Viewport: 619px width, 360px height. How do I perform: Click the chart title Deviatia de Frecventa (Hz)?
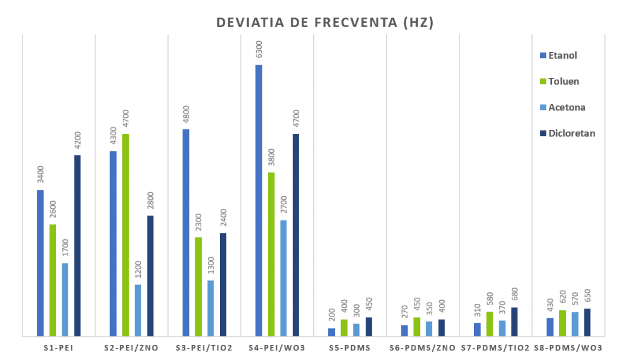[325, 23]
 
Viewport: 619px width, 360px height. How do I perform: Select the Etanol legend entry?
[562, 56]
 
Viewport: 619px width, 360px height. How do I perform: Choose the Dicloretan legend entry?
[571, 133]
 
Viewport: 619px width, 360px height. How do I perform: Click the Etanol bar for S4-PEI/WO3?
[259, 200]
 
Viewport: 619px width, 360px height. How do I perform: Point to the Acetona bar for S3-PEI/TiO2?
[210, 307]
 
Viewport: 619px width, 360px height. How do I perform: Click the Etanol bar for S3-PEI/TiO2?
[186, 233]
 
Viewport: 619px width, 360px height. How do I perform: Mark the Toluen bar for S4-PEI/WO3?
[271, 254]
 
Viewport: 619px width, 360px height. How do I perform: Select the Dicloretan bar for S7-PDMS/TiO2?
[514, 321]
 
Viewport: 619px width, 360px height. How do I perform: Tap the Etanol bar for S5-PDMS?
[331, 332]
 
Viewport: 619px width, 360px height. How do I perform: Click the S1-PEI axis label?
[59, 348]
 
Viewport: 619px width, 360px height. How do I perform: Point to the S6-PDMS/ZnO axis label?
[422, 348]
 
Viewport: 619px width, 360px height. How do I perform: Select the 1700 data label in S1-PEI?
[65, 246]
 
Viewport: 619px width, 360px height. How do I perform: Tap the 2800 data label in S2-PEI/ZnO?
[151, 199]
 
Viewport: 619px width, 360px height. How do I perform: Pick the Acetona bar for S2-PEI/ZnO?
[138, 310]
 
